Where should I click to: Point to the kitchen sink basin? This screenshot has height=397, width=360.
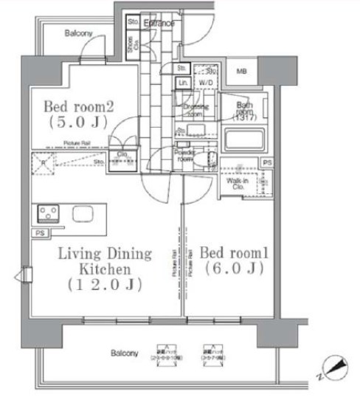pyautogui.click(x=81, y=215)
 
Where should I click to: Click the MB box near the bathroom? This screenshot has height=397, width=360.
pyautogui.click(x=242, y=71)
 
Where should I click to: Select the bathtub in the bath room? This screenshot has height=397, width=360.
pyautogui.click(x=242, y=140)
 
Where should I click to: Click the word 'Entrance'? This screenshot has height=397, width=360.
pyautogui.click(x=159, y=24)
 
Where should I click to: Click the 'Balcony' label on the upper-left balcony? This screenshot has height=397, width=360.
pyautogui.click(x=78, y=34)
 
